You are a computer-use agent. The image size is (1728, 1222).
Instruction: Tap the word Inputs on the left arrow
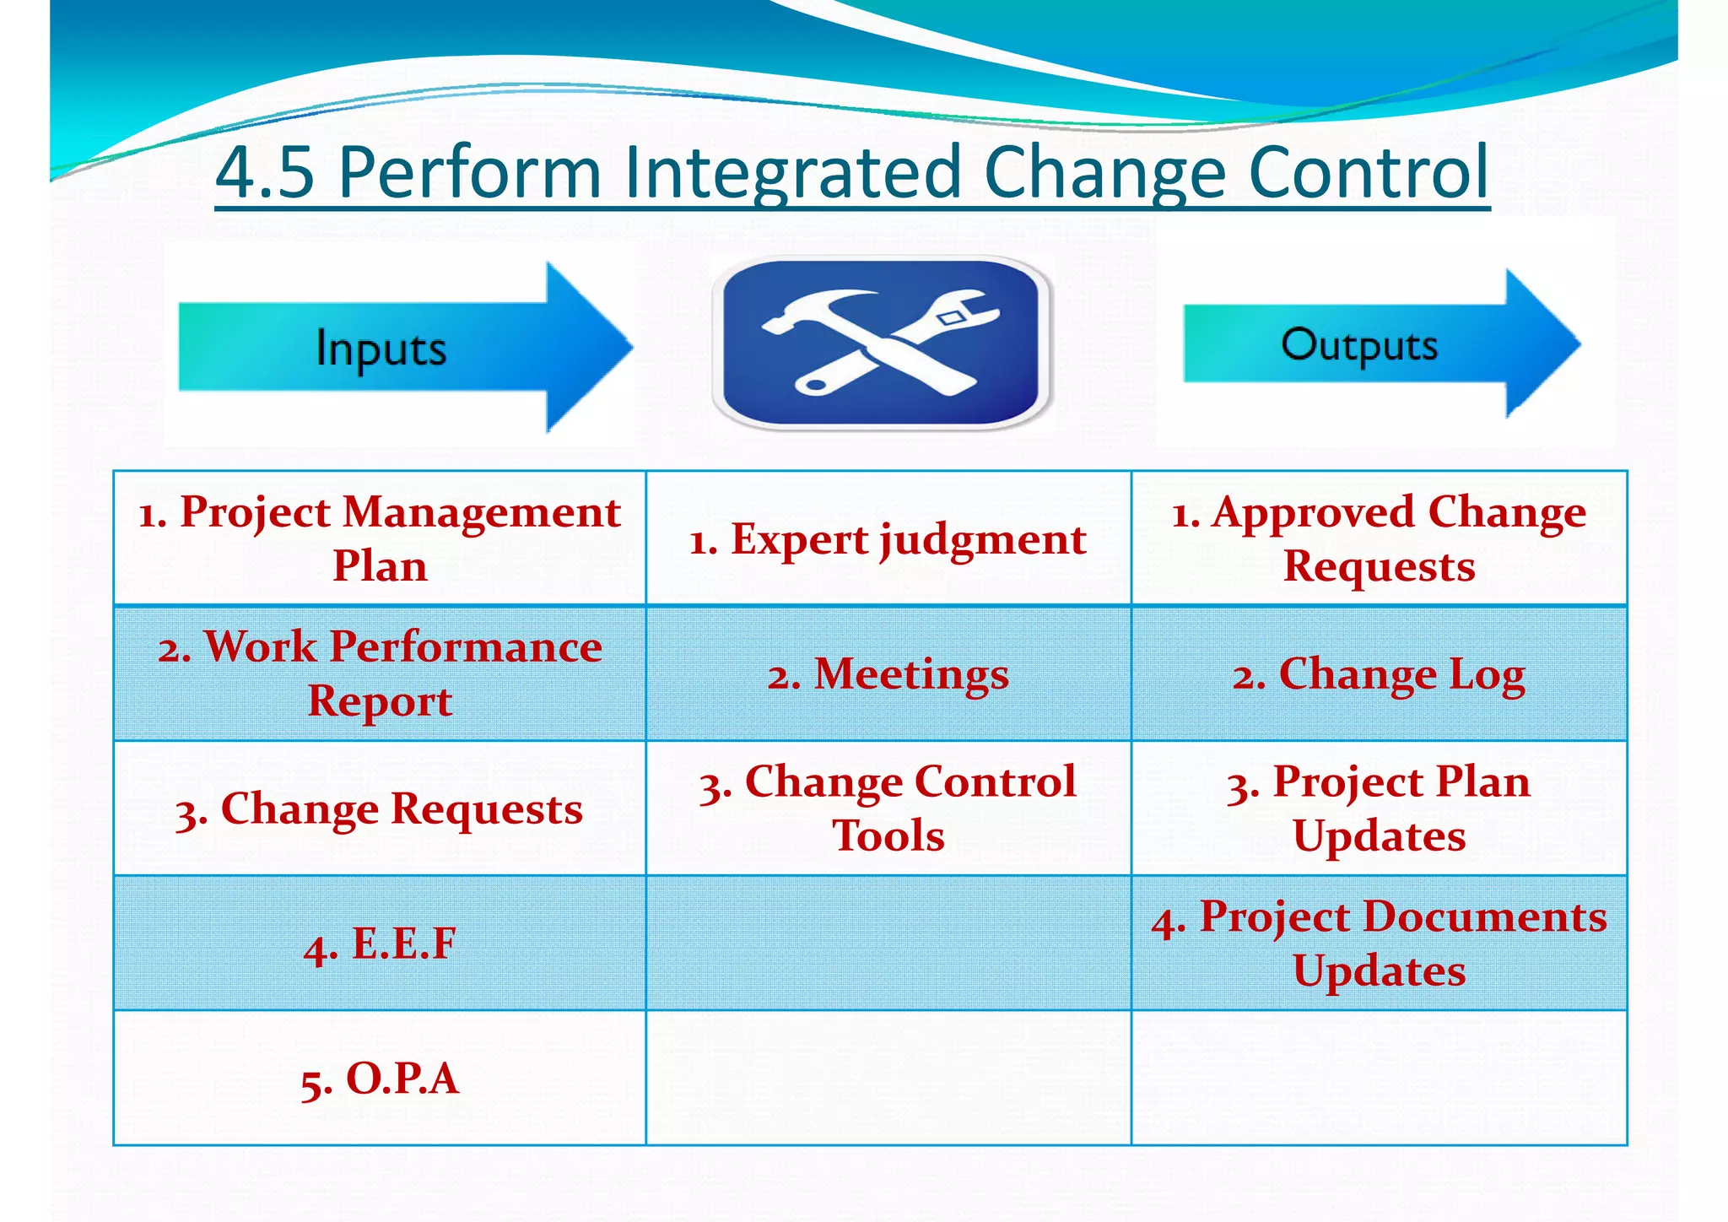click(381, 349)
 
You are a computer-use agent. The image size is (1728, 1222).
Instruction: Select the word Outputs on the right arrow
click(1358, 345)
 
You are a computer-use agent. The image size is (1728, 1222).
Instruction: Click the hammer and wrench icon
click(882, 343)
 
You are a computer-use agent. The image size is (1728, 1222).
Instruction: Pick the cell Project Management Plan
click(380, 538)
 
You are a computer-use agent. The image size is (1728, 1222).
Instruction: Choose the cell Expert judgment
click(888, 539)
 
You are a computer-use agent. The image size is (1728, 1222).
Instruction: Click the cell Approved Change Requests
click(1379, 538)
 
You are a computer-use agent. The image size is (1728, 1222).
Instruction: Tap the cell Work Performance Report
click(380, 673)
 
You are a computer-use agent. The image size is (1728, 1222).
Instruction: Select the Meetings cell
click(888, 674)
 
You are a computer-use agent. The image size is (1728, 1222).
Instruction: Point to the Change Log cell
click(1379, 674)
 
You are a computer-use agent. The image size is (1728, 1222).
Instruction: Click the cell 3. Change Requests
click(380, 808)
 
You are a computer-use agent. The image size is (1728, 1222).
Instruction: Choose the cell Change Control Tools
click(888, 808)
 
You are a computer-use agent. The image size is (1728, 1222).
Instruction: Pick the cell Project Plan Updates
click(1379, 808)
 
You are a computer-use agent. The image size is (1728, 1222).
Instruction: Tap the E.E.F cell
click(380, 944)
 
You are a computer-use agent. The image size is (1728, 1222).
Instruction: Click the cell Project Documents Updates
click(1379, 944)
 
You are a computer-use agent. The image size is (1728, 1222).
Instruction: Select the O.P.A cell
click(380, 1079)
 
